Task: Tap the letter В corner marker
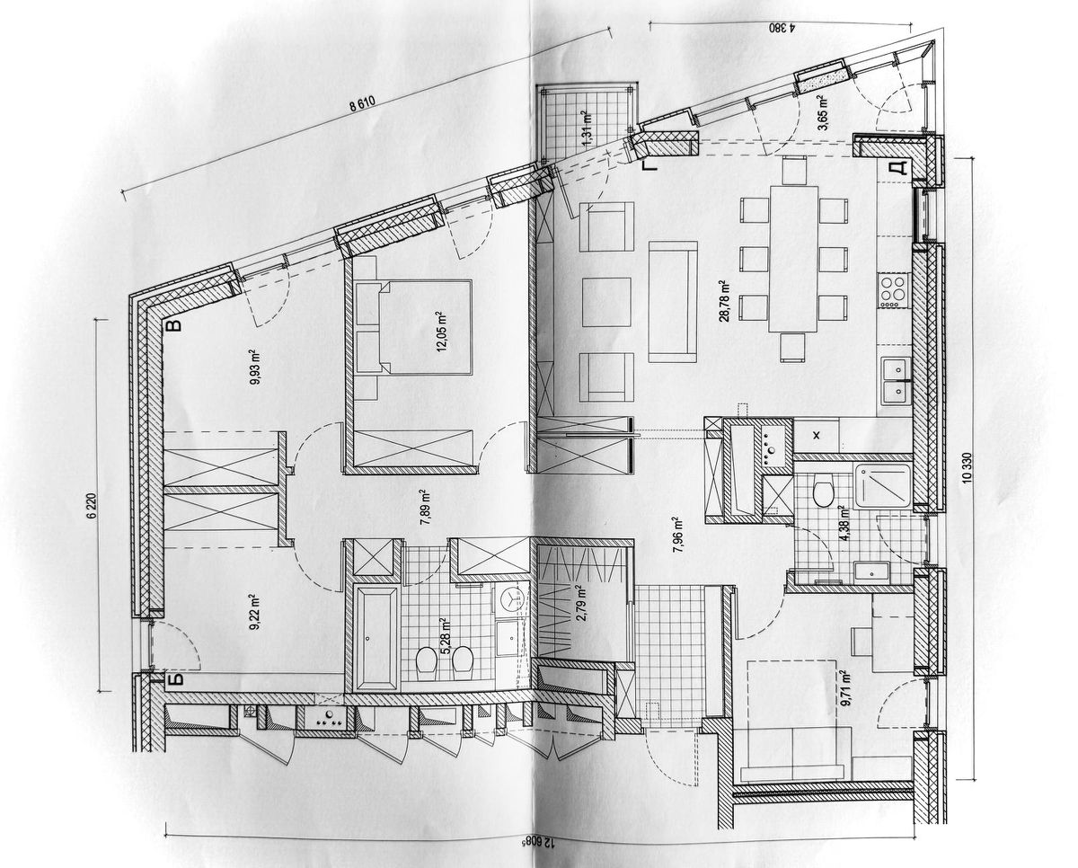click(x=175, y=325)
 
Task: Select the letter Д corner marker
click(x=896, y=168)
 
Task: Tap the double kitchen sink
click(x=895, y=379)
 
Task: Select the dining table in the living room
click(x=792, y=258)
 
